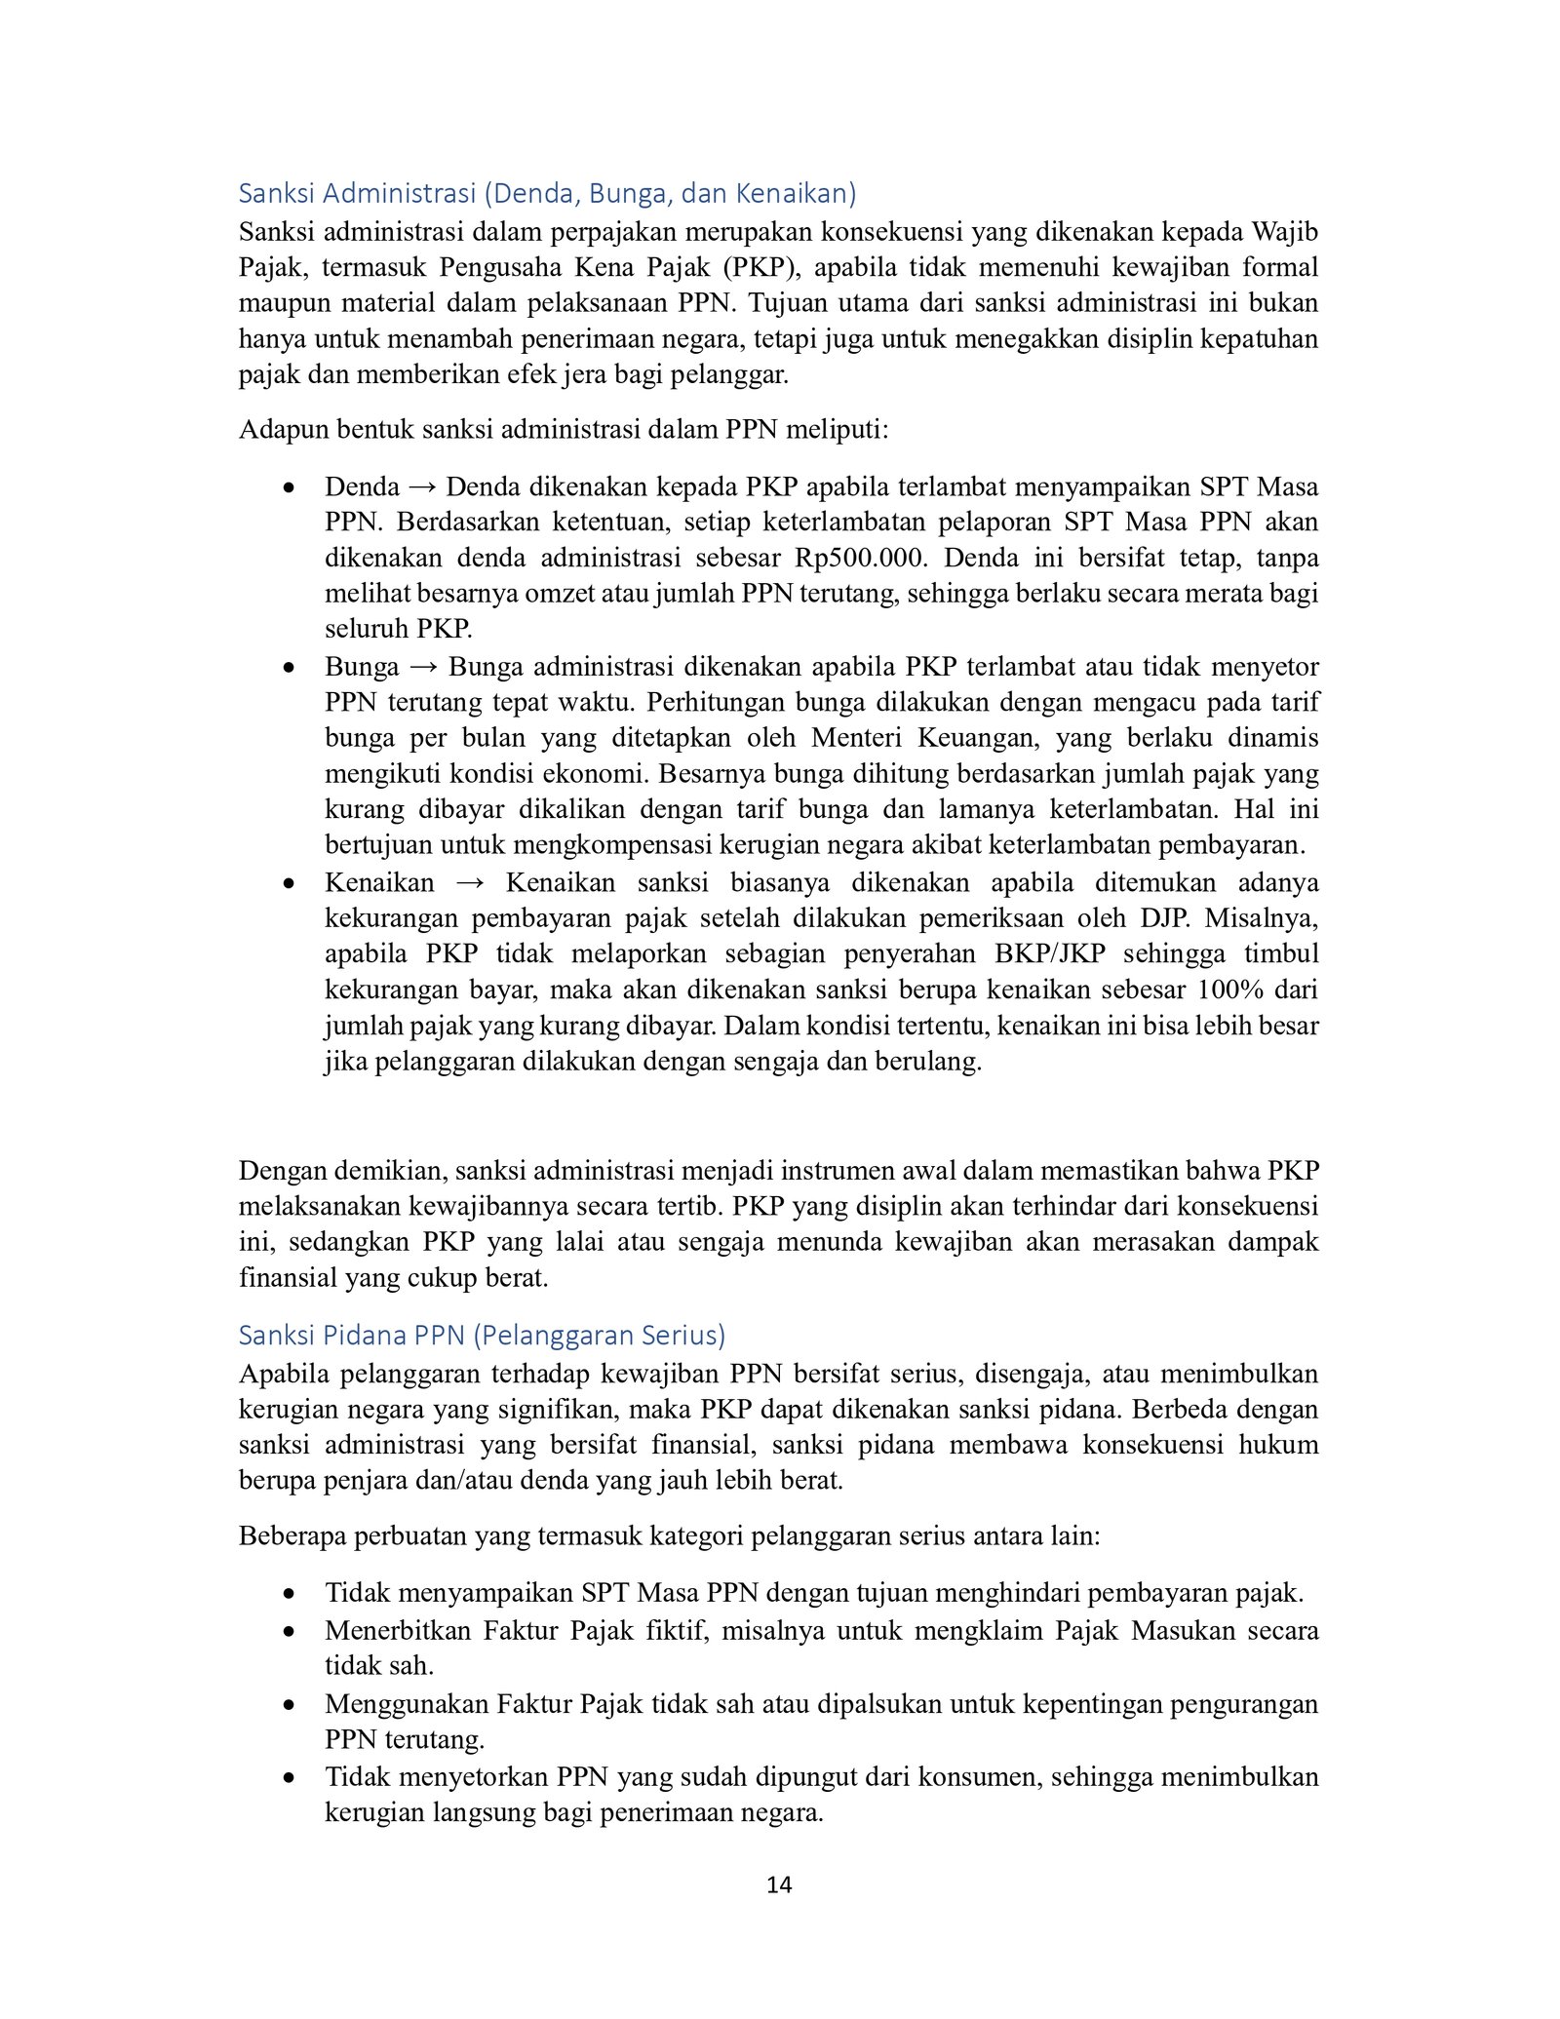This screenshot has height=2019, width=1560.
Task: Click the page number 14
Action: tap(779, 1884)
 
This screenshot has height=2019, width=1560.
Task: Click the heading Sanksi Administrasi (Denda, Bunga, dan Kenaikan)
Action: tap(547, 193)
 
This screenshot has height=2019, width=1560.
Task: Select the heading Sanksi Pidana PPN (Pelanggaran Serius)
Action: tap(482, 1335)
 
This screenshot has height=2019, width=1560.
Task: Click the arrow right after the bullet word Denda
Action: tap(423, 486)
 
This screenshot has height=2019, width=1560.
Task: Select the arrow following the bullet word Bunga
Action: tap(424, 667)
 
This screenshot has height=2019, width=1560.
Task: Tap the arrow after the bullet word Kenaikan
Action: tap(470, 883)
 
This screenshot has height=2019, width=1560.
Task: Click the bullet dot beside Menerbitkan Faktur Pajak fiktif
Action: tap(289, 1631)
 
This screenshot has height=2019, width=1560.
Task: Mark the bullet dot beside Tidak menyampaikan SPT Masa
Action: tap(289, 1594)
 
